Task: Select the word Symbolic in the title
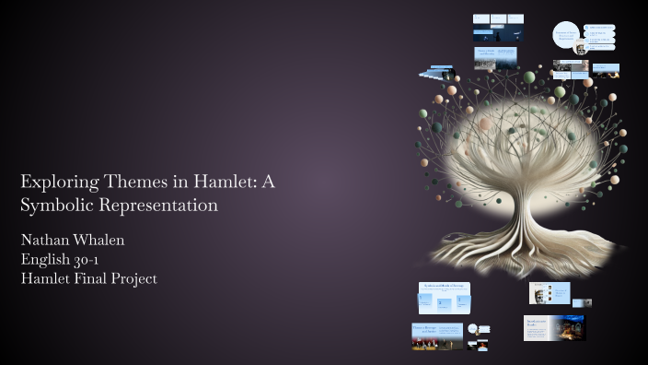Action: tap(54, 205)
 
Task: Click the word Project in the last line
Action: tap(134, 278)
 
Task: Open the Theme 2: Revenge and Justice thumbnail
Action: tap(437, 336)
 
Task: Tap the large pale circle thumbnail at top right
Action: tap(567, 35)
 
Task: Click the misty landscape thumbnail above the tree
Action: tap(497, 58)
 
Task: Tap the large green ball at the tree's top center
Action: tap(529, 77)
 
